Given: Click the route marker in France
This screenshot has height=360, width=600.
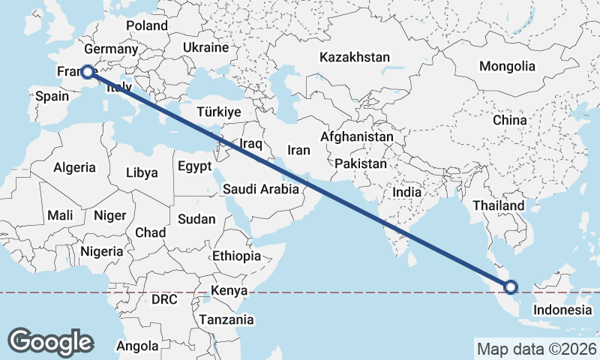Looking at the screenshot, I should (x=88, y=72).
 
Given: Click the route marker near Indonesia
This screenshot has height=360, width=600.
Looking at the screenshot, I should (x=511, y=286).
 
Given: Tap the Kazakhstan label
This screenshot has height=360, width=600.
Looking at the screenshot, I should (x=355, y=57).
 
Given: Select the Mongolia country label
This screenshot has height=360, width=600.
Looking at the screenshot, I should (x=507, y=66).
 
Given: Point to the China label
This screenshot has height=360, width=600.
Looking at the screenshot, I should (x=510, y=119).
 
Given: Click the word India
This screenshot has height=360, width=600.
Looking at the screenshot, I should (x=407, y=192).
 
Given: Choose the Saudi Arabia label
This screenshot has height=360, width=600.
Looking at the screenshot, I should (x=261, y=190).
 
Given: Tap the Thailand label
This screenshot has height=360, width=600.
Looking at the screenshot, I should (x=499, y=205).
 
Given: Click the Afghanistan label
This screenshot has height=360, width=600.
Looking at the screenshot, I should (x=356, y=137).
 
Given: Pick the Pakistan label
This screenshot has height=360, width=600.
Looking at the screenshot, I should (x=361, y=163).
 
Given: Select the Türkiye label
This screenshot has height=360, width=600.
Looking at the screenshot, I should (x=218, y=112).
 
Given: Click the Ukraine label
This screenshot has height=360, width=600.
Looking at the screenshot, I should (x=205, y=47).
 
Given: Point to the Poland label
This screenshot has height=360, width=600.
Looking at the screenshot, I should (x=147, y=25).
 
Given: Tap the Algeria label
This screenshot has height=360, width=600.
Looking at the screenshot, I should (x=74, y=167).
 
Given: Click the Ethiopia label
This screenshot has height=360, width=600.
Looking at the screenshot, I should (x=236, y=256).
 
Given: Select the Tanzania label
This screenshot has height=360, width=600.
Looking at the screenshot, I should (x=226, y=319).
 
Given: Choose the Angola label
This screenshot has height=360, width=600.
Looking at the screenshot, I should (x=137, y=346).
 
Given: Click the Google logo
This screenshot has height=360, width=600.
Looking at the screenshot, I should (x=51, y=341).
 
